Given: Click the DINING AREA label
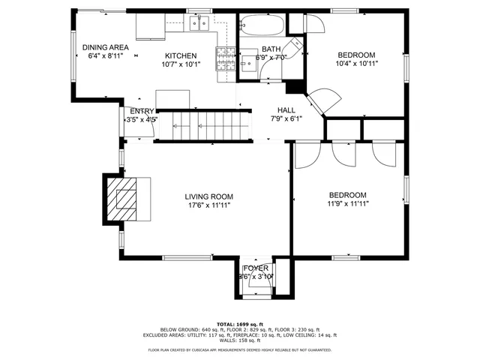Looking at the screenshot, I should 106,47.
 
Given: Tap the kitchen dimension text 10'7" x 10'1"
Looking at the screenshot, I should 181,64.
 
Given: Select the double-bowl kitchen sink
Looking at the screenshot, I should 199,25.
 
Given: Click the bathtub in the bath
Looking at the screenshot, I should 262,26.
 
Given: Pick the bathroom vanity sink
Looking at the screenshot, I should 248,61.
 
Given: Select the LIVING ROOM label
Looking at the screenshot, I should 208,196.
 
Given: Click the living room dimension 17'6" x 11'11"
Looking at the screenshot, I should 208,205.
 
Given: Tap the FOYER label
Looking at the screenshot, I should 256,268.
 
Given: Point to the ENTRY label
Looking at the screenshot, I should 141,111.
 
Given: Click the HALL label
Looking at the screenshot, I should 285,109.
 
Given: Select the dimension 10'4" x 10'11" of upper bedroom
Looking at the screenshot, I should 357,64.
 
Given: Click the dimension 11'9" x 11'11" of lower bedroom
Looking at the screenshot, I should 347,202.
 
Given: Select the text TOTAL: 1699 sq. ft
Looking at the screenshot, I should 239,324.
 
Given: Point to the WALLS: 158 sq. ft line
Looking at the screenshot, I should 240,340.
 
